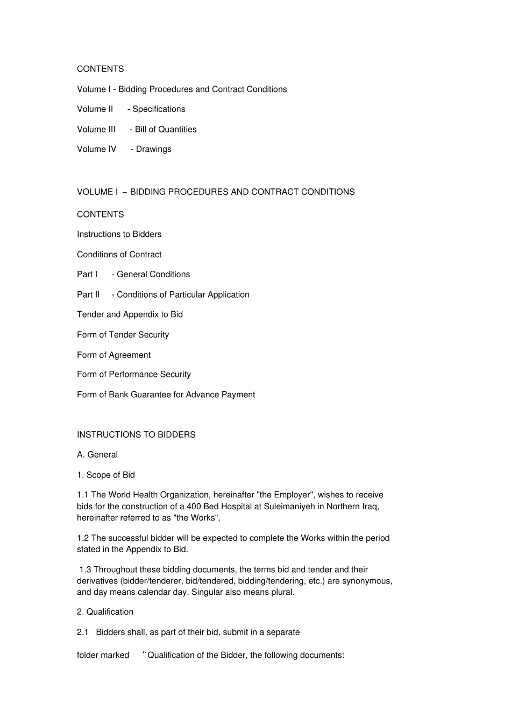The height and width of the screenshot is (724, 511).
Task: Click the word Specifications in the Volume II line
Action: (x=159, y=109)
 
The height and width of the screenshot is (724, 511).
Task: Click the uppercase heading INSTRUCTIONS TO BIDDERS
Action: (x=136, y=434)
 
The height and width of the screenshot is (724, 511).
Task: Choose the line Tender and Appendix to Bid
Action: (x=130, y=314)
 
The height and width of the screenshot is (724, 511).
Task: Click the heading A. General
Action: (x=97, y=455)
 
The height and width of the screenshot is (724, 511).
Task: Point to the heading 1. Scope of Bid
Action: (x=106, y=475)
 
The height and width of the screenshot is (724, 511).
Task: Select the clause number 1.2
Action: (x=83, y=538)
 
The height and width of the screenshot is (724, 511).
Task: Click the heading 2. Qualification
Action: (x=105, y=612)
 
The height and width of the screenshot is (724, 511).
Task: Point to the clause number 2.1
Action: (x=82, y=632)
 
